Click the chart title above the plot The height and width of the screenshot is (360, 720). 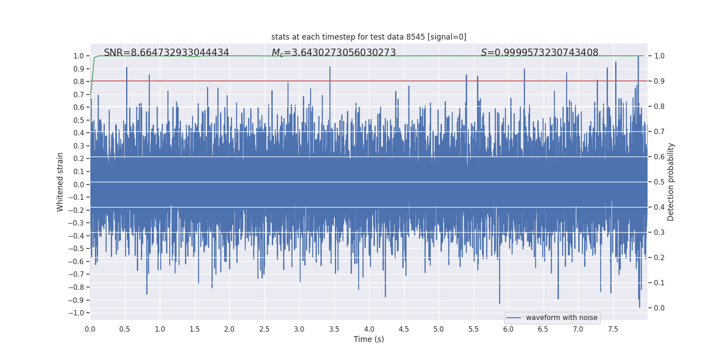click(369, 37)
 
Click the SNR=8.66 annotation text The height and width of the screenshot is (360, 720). click(166, 53)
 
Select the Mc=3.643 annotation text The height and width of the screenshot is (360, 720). click(333, 53)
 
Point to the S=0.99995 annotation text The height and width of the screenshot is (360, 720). click(540, 53)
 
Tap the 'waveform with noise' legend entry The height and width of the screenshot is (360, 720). click(561, 318)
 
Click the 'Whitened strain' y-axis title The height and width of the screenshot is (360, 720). click(60, 182)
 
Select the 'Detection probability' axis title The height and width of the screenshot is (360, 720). click(671, 182)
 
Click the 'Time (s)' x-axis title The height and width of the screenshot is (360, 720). click(369, 339)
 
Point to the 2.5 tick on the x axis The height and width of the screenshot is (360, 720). click(264, 329)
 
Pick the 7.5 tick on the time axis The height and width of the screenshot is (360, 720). click(613, 329)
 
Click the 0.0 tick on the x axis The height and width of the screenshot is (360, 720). click(90, 329)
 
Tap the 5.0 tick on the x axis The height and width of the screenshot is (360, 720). click(438, 329)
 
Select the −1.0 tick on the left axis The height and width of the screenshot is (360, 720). click(78, 313)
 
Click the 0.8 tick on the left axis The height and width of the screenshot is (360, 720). click(79, 81)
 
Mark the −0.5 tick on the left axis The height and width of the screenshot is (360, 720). click(78, 248)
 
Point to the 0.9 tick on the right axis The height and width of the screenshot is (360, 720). click(659, 81)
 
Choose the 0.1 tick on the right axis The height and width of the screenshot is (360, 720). click(659, 283)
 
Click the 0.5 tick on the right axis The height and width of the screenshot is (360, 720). click(659, 182)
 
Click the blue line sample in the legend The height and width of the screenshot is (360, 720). click(513, 318)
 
